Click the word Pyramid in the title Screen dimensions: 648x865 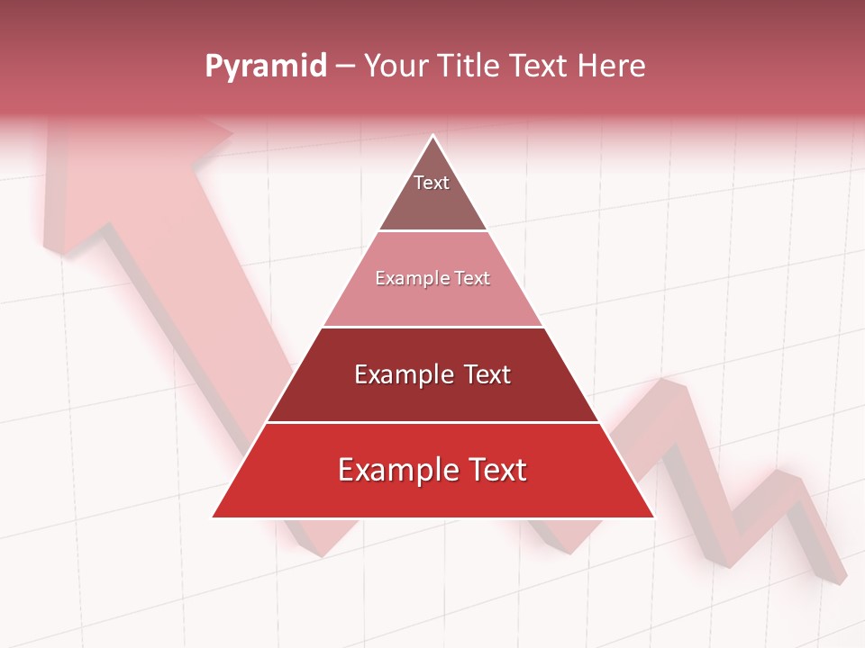click(266, 67)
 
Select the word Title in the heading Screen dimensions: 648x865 click(473, 66)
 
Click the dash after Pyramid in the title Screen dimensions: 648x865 click(345, 67)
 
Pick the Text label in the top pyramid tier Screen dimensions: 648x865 click(432, 183)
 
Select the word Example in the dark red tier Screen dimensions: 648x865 click(403, 374)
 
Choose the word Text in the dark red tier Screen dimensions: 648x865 click(487, 374)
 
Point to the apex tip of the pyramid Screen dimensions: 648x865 click(432, 136)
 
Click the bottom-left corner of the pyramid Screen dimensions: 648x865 click(214, 517)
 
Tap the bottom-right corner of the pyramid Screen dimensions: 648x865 click(652, 517)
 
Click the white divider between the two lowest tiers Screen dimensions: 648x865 click(432, 422)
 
